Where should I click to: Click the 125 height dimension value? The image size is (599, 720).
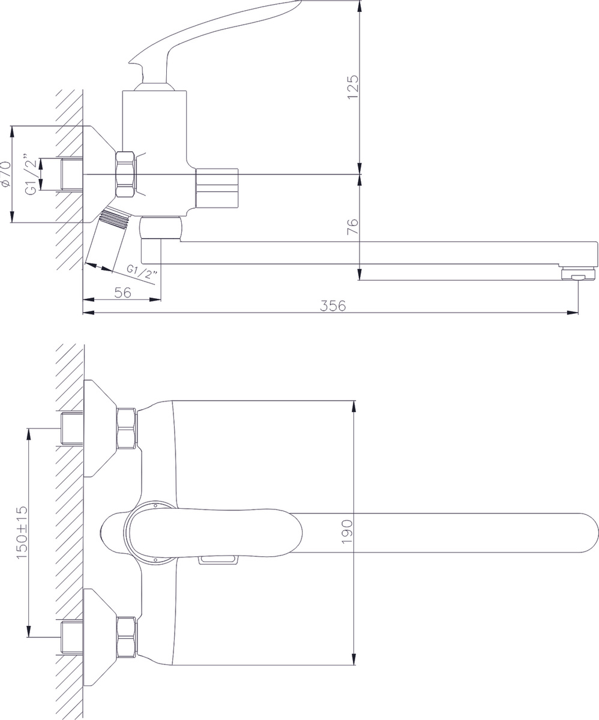coord(353,87)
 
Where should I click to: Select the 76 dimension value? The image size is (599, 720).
coord(353,227)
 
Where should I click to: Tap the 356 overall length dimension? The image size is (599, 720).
coord(333,306)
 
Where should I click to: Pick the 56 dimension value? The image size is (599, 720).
coord(123,293)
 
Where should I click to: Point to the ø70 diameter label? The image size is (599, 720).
coord(6,174)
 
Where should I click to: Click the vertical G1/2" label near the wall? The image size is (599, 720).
coord(31,173)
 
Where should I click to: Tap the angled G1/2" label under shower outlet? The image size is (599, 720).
coord(142,272)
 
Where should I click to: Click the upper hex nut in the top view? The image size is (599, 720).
coord(127,428)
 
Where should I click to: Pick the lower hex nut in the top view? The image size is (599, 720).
coord(127,637)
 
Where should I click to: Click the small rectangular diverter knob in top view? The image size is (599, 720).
coord(218,560)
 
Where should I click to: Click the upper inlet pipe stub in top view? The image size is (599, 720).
coord(72,428)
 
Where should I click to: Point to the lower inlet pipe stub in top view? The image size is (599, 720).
coord(72,637)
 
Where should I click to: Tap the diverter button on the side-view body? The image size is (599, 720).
coord(217,188)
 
